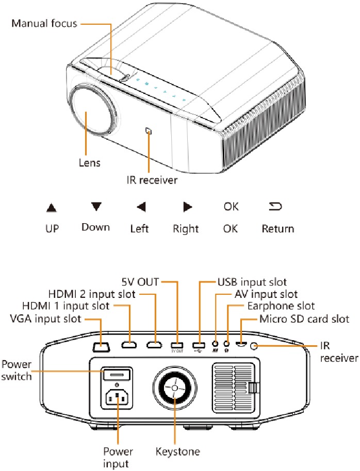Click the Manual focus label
point(44,23)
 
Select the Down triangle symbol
point(95,207)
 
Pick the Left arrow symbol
point(141,207)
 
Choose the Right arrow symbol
point(187,207)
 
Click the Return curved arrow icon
point(277,207)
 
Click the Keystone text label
point(177,452)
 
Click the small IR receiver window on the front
point(149,131)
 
